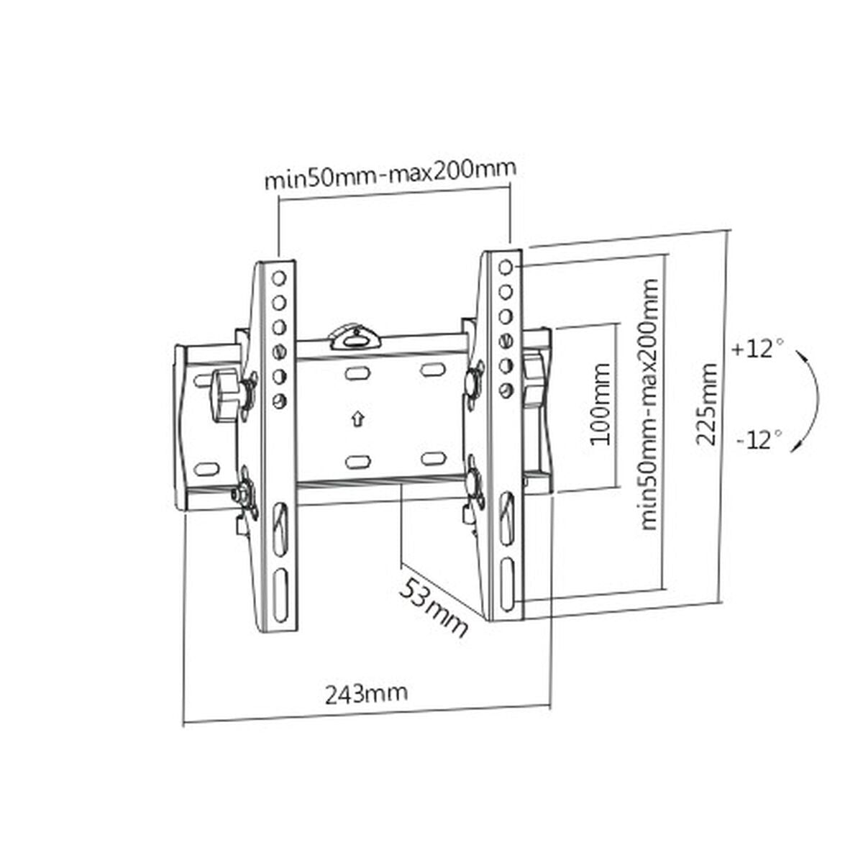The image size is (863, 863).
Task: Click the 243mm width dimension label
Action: tap(366, 694)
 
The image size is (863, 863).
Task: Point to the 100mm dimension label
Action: tap(599, 404)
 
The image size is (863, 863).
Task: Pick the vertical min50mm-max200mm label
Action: tap(649, 404)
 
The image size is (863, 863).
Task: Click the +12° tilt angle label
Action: tap(757, 350)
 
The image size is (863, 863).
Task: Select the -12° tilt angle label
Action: tap(758, 438)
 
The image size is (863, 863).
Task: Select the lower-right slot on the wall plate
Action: tap(432, 458)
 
